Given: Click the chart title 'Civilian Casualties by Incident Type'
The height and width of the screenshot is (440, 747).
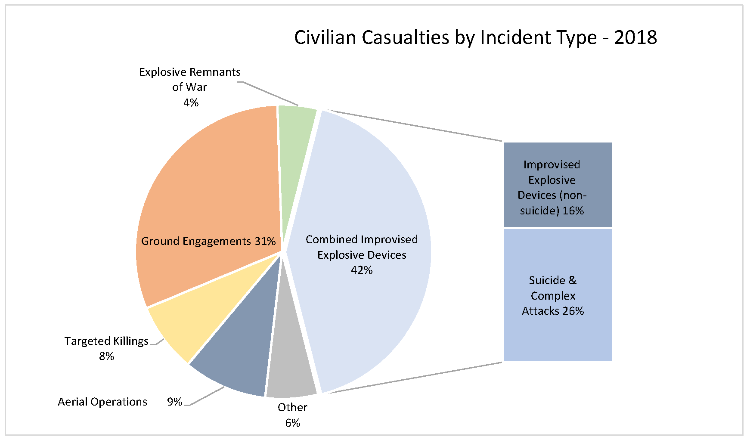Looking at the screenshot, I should [445, 38].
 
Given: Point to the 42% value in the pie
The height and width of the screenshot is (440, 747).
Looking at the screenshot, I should [362, 270].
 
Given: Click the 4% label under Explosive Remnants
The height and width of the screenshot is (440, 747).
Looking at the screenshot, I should [191, 102].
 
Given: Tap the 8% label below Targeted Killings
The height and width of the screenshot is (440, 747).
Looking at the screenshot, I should [106, 356].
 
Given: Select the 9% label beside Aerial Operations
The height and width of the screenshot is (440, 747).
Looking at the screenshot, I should [174, 402].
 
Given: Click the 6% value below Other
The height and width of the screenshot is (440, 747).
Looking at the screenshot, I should [292, 423].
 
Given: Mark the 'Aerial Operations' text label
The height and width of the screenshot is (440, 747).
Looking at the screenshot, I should [102, 402].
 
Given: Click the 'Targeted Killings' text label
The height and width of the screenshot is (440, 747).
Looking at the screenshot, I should [106, 341].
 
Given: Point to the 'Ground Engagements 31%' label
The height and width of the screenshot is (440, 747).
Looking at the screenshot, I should [208, 241].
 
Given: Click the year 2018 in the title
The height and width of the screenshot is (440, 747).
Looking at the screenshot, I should [635, 38].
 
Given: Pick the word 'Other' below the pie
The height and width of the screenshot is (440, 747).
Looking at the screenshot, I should [292, 407].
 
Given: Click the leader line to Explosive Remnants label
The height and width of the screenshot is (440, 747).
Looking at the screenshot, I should [269, 93].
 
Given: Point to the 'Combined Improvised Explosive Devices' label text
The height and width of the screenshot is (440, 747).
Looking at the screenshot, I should [362, 247].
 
